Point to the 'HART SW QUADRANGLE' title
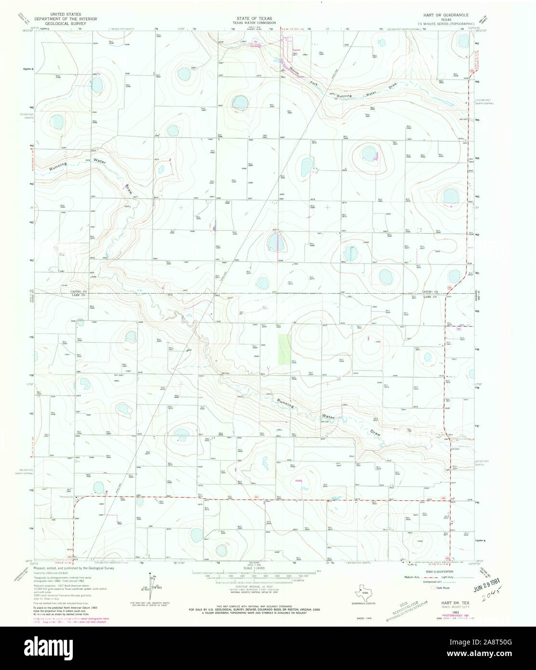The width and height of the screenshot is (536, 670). click(441, 15)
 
